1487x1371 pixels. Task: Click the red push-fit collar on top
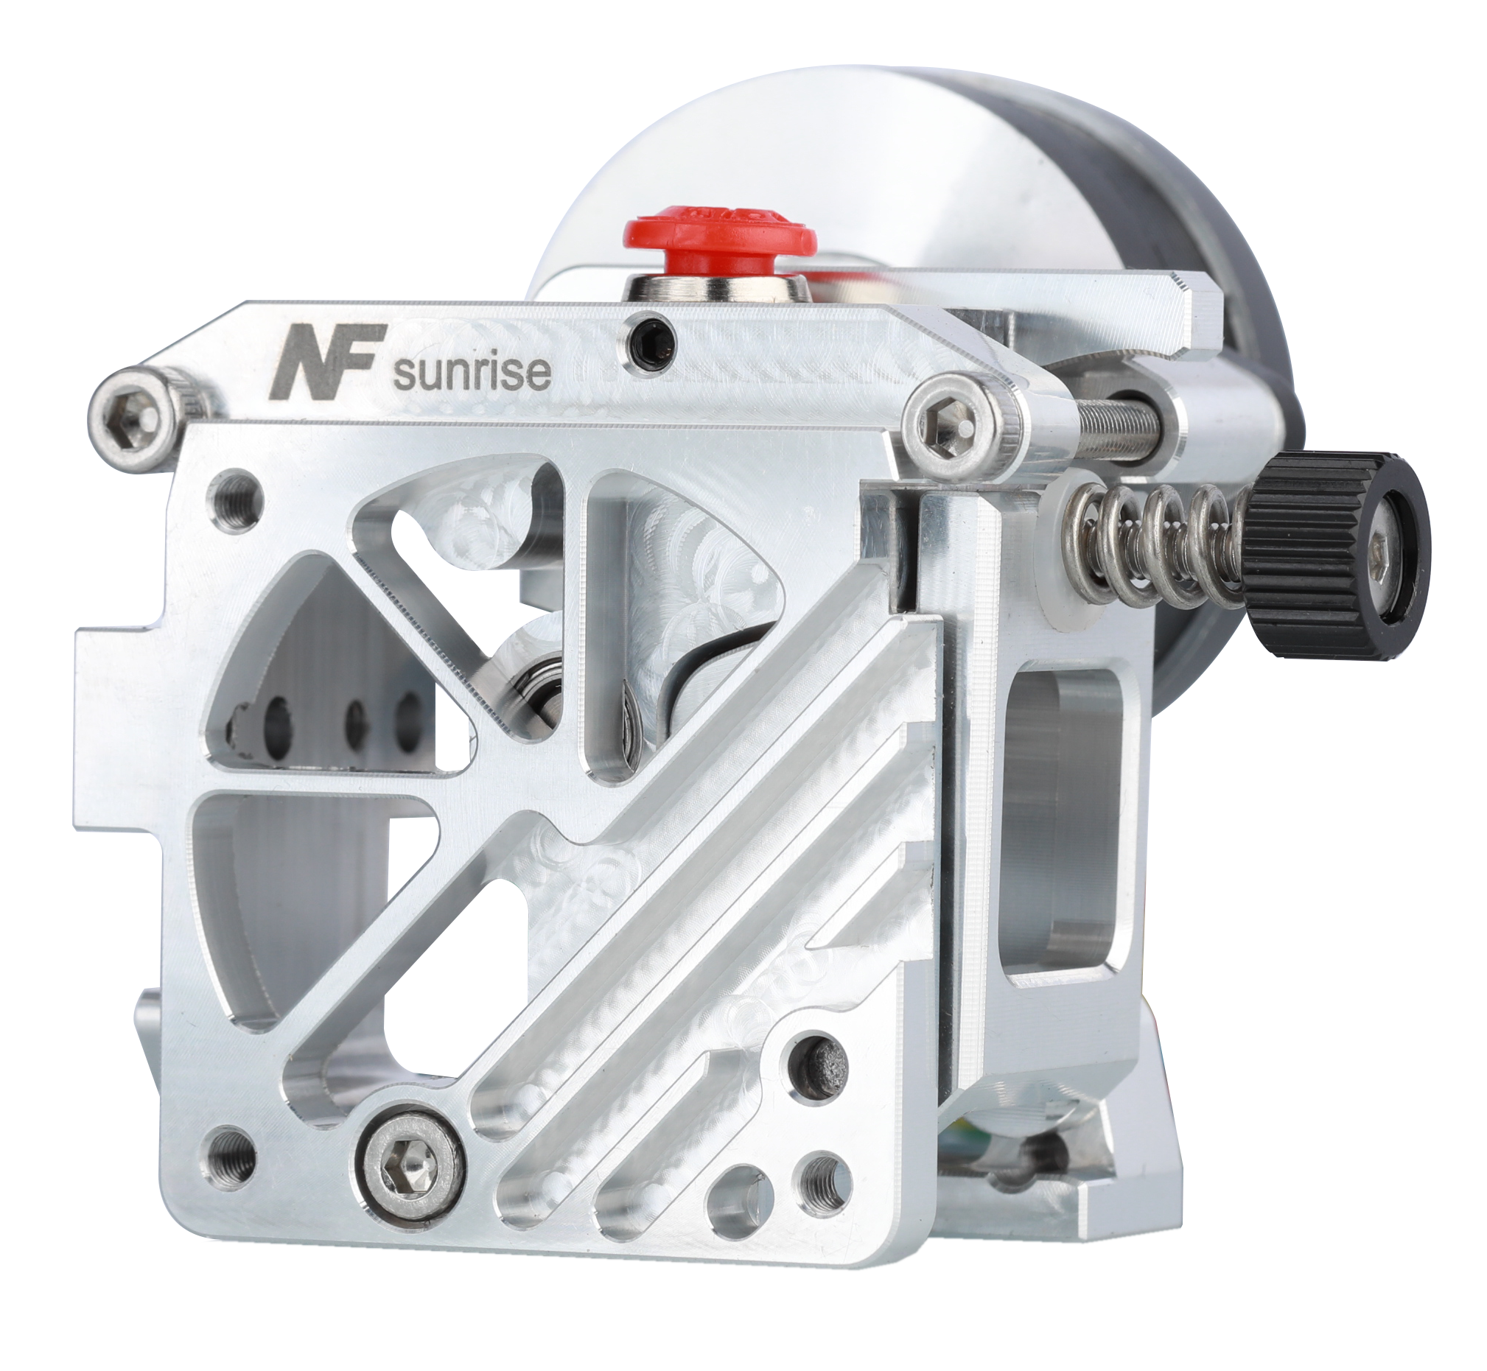[x=719, y=236]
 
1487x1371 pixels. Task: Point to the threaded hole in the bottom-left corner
[x=229, y=1179]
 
